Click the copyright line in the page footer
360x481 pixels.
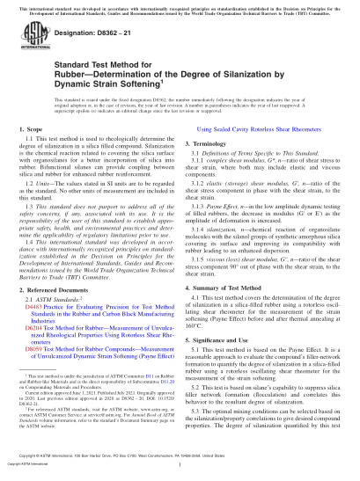pos(180,473)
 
